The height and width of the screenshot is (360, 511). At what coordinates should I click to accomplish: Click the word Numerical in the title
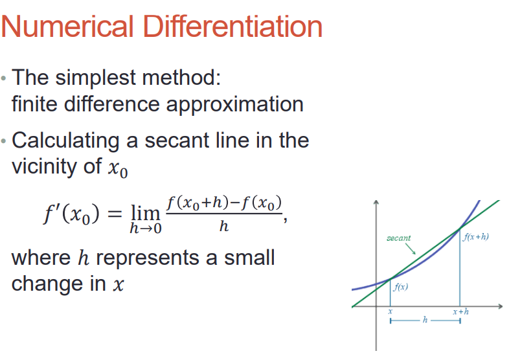(x=67, y=27)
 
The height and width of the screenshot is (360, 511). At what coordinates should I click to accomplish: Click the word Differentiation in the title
(x=233, y=27)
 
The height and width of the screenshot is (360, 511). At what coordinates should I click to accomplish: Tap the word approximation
(x=234, y=105)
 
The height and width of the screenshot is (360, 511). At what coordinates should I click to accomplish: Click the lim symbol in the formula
(x=145, y=214)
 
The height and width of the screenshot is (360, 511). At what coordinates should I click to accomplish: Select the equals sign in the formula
(x=115, y=214)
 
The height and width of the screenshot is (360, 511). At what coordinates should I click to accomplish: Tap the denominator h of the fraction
(x=224, y=226)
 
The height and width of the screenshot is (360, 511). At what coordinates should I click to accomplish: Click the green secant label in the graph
(x=398, y=238)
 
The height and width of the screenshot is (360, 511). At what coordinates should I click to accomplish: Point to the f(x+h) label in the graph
(x=476, y=237)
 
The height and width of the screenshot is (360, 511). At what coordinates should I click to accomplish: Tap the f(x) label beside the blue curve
(x=401, y=287)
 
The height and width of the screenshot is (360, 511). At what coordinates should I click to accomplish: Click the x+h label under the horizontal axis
(x=461, y=312)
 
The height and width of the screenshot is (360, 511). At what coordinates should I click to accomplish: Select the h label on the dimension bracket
(x=425, y=320)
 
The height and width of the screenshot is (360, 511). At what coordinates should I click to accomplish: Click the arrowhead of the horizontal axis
(x=500, y=306)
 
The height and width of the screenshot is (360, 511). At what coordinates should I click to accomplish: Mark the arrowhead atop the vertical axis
(x=376, y=202)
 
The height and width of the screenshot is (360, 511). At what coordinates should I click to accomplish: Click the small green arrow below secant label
(x=411, y=249)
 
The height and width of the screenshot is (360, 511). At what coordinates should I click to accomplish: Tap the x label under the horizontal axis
(x=390, y=312)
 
